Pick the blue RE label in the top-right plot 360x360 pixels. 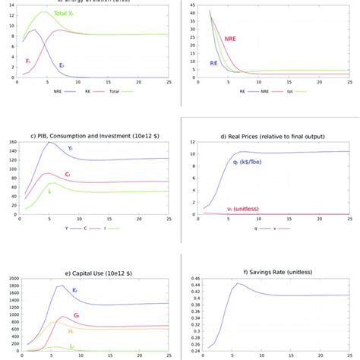[214, 65]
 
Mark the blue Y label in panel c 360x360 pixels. [69, 148]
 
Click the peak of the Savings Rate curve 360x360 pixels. [238, 283]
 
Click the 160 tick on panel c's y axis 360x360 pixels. [11, 142]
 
